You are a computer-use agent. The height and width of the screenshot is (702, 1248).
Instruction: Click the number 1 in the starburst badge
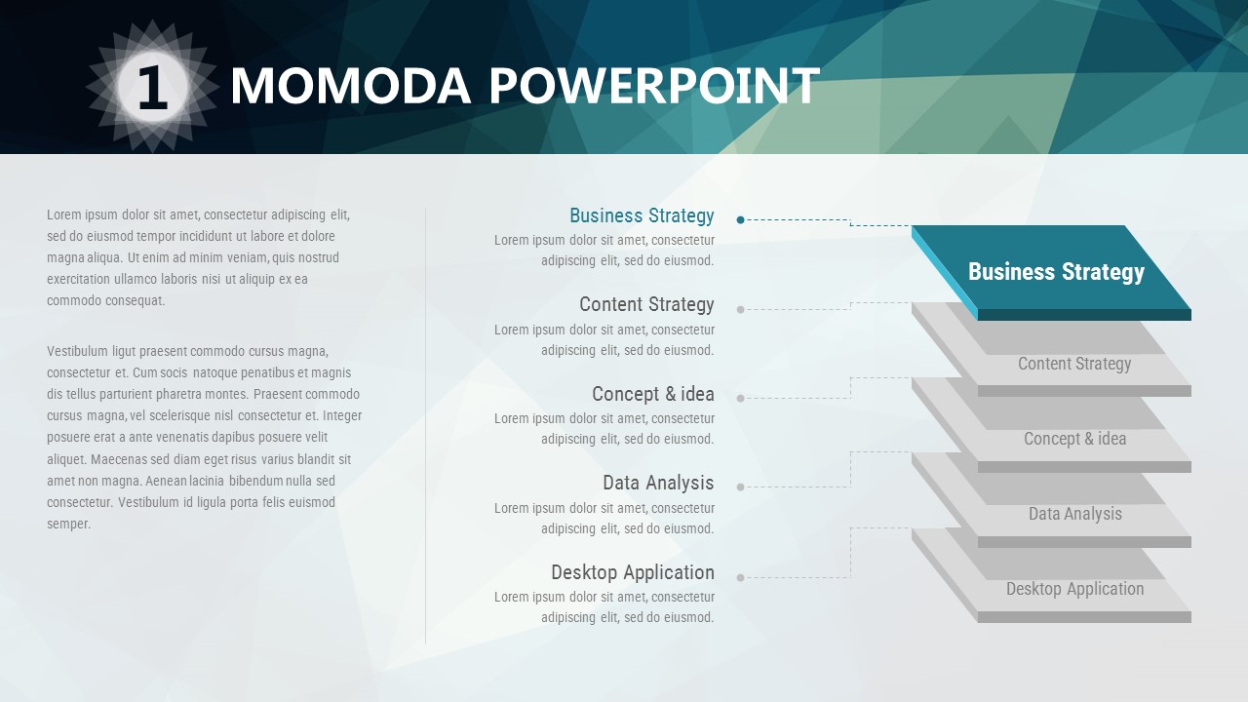click(152, 87)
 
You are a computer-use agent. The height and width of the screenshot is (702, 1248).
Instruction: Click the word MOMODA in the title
click(351, 86)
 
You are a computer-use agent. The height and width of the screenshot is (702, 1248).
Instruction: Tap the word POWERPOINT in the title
click(654, 86)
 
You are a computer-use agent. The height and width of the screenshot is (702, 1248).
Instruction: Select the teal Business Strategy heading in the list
click(642, 215)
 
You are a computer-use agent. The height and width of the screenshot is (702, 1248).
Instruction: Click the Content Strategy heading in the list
click(646, 304)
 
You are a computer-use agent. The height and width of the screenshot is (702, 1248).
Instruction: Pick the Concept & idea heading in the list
click(653, 394)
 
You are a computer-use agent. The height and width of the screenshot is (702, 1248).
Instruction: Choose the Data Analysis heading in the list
click(658, 483)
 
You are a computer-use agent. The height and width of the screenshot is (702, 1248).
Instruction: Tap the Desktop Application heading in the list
click(633, 572)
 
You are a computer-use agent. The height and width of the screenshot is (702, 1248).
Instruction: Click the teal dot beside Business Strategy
click(740, 220)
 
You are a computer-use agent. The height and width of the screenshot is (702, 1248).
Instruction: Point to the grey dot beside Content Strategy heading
click(740, 310)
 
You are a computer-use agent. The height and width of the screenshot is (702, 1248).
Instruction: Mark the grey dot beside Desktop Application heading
click(740, 578)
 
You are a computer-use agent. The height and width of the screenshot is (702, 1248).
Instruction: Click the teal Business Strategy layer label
click(1056, 272)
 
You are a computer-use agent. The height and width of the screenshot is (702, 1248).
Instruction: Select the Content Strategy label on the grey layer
click(1074, 364)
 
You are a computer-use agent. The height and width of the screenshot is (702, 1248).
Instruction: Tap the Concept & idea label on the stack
click(1075, 439)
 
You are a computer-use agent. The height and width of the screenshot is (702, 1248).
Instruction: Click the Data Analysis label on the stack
click(1075, 514)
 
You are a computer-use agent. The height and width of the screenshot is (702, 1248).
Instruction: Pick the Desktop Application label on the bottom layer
click(1075, 589)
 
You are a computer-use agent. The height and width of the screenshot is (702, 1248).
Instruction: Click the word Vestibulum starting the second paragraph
click(77, 351)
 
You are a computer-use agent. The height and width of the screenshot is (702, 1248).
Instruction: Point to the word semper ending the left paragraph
click(68, 525)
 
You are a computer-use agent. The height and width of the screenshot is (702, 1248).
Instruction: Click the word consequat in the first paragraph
click(136, 301)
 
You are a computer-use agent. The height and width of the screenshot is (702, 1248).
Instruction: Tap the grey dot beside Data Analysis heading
click(740, 487)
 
